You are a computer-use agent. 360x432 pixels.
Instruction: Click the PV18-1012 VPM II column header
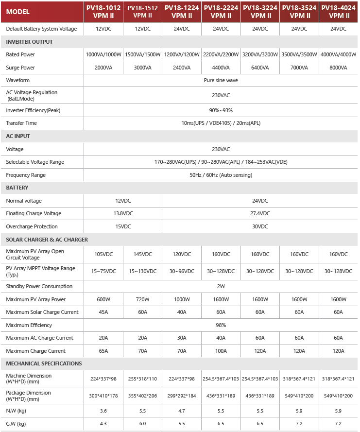103,12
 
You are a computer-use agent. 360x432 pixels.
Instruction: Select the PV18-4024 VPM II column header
339,12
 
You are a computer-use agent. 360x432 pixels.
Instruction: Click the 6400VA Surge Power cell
260,68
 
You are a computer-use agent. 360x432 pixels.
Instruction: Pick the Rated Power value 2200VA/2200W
221,54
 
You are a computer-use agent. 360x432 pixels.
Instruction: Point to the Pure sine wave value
221,80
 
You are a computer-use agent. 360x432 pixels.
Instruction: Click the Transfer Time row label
21,123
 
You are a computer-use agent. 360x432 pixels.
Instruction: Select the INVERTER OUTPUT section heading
29,42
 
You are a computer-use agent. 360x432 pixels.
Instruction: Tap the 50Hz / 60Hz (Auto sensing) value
221,175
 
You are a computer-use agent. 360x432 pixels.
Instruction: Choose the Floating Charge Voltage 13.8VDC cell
123,213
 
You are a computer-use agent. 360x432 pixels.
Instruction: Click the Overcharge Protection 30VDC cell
260,226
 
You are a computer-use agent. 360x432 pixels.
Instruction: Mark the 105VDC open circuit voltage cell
103,254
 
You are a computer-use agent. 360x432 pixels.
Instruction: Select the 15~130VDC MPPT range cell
142,271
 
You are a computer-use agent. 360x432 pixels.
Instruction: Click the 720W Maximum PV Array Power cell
142,299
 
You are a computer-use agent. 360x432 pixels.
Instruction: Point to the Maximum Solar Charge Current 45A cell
103,312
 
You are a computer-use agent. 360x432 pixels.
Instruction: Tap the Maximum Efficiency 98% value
221,325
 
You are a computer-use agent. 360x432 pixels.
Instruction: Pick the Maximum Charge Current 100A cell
221,351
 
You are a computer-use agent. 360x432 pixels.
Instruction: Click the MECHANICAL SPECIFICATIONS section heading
44,363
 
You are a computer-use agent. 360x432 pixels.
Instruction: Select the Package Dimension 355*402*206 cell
142,396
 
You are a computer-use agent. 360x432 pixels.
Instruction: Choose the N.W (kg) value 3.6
103,411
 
